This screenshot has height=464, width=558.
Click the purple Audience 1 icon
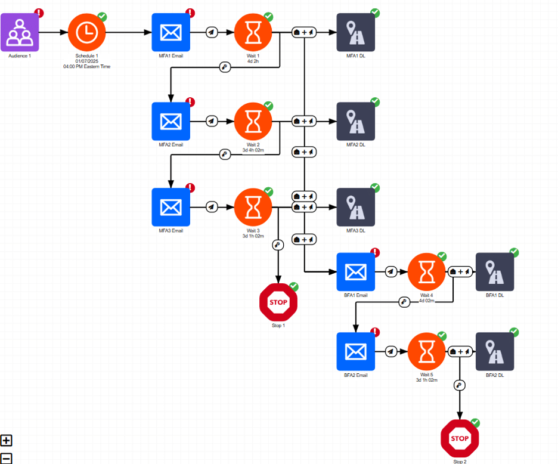pos(20,32)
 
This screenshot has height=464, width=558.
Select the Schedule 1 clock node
pos(86,32)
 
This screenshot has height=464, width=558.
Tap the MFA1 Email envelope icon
pos(170,32)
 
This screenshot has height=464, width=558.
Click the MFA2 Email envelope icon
pos(170,121)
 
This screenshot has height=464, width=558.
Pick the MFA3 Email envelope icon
pos(170,207)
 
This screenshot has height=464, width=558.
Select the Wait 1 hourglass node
pos(253,32)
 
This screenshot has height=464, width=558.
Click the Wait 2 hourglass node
pos(253,121)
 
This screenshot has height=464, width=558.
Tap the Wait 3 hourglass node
pos(253,207)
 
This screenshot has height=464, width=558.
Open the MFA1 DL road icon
pos(356,32)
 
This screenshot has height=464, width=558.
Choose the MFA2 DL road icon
pos(356,121)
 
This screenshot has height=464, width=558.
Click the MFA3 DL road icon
pos(356,207)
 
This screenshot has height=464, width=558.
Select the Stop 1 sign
pos(278,302)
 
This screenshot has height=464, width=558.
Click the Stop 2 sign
pos(460,439)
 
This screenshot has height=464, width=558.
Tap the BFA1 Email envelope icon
pos(356,272)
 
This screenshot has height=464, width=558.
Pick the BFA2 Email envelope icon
pos(356,351)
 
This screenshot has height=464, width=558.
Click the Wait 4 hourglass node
pos(427,272)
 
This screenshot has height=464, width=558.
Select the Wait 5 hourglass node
pos(427,351)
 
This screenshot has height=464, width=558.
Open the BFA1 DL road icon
pos(495,272)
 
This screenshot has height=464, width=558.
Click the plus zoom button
pos(7,441)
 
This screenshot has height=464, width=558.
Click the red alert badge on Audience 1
pos(39,12)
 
